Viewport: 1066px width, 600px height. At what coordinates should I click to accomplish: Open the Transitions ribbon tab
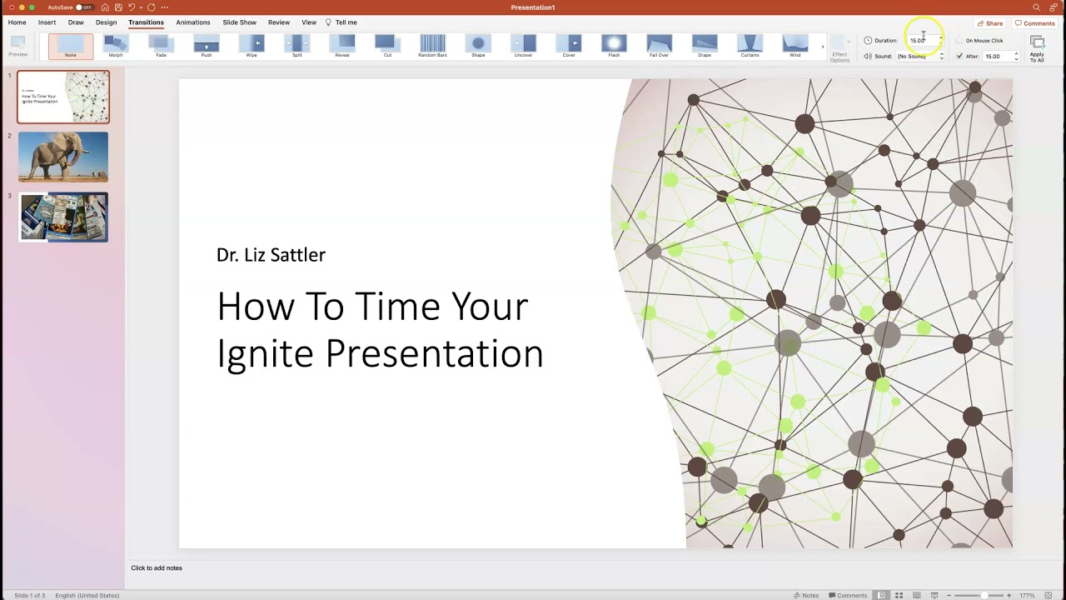146,22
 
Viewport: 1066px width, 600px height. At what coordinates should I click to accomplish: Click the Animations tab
193,22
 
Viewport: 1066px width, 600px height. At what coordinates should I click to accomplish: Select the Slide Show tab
239,22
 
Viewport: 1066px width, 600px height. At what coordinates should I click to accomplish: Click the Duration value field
921,40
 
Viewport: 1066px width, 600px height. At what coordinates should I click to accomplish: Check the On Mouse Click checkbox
959,40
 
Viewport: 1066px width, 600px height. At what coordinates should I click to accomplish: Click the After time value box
996,57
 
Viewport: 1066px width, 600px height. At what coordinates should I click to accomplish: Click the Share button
990,23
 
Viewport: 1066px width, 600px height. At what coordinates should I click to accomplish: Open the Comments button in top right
1035,23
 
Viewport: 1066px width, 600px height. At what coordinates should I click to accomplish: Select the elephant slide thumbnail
63,157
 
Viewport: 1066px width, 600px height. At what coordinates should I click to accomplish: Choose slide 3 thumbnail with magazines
63,217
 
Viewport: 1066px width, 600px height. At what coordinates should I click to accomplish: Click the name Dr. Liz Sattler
271,255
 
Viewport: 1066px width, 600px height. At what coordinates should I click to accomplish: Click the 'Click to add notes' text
157,568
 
